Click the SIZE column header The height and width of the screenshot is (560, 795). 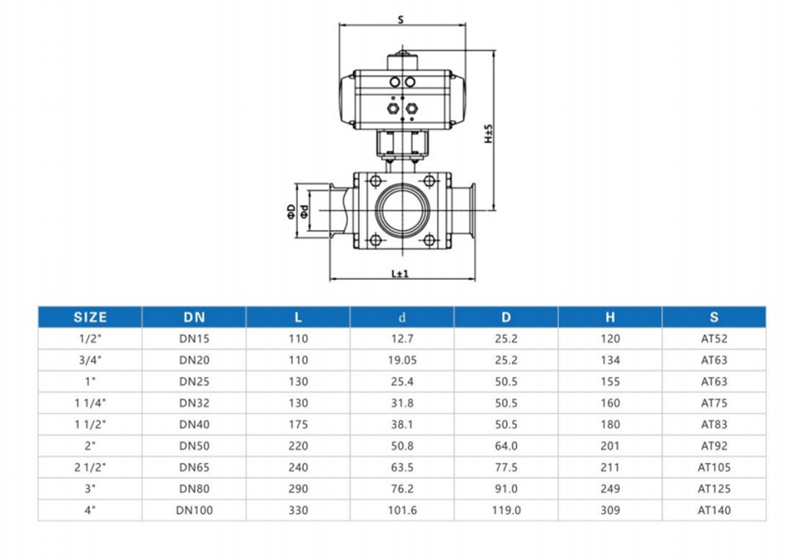tap(91, 317)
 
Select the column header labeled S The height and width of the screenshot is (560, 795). tap(714, 317)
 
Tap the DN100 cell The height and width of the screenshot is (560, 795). tap(194, 511)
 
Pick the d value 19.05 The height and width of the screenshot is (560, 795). tap(402, 360)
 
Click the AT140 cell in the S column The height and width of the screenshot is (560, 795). tap(714, 511)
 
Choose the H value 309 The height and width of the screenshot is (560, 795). tap(610, 511)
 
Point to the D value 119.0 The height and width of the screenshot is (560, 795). tap(506, 511)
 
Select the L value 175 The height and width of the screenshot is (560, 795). tap(298, 425)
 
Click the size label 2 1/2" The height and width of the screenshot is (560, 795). tap(91, 467)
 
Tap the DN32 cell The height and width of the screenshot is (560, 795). tap(194, 403)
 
